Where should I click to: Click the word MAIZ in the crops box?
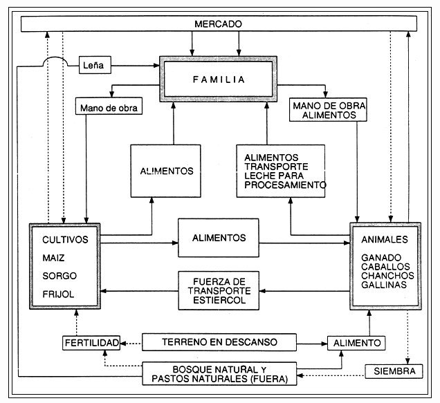click(54, 259)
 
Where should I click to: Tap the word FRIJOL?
click(57, 294)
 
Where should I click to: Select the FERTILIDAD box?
click(91, 342)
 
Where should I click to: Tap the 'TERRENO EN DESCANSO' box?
click(219, 341)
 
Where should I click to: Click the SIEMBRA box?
click(393, 372)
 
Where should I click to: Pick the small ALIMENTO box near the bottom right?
click(356, 342)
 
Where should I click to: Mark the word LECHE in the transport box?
click(259, 176)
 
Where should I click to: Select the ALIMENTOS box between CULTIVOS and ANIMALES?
click(219, 238)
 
